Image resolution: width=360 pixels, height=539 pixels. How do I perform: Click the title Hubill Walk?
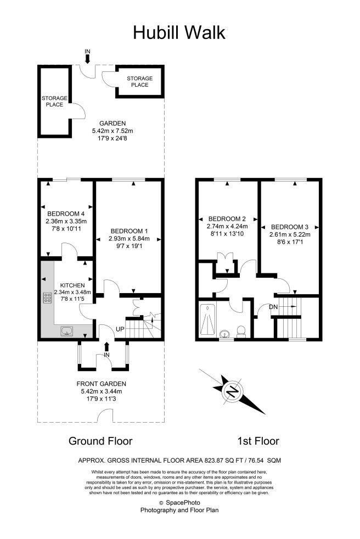click(179, 33)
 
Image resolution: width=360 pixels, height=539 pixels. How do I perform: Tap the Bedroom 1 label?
click(130, 231)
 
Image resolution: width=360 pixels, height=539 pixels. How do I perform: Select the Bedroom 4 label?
click(66, 214)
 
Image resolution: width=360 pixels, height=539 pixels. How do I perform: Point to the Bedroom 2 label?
click(227, 218)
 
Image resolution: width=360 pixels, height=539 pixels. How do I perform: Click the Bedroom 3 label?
click(290, 227)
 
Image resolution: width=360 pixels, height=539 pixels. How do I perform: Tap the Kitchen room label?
click(72, 285)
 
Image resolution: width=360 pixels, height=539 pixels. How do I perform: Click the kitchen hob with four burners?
click(47, 297)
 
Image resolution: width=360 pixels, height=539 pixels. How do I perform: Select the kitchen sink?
click(67, 331)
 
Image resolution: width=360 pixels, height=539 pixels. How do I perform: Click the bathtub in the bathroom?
click(207, 320)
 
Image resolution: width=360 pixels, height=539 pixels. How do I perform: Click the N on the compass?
click(233, 391)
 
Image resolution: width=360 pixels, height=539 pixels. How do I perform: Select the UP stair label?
click(120, 329)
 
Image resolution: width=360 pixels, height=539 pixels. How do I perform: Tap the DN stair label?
click(273, 307)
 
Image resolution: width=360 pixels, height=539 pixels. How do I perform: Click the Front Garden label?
click(101, 384)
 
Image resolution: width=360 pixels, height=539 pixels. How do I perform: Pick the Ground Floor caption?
click(100, 441)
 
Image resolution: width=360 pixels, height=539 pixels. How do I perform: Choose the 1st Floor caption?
click(258, 441)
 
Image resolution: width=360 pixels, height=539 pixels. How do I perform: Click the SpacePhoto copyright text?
click(179, 503)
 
